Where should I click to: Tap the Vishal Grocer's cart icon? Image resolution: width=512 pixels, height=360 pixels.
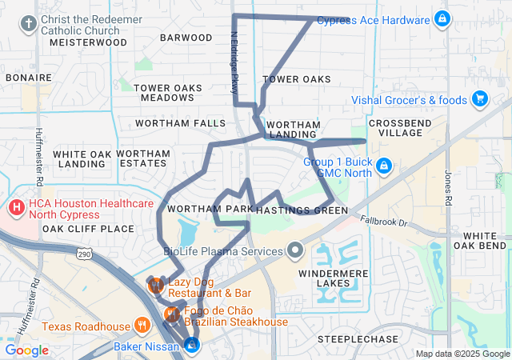pos(480,99)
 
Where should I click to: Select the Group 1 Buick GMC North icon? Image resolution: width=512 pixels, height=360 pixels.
pos(384,166)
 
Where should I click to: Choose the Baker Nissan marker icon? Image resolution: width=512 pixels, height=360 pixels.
pos(192,344)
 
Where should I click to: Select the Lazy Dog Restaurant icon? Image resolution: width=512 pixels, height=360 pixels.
pos(156,284)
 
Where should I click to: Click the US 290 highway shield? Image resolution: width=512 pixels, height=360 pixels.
pos(84,254)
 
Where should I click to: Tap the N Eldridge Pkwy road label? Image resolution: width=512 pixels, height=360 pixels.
pos(234,63)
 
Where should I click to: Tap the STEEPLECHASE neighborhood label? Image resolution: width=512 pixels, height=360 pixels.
pos(358,339)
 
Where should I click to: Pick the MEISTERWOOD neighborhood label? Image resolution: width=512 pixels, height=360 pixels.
pos(88,42)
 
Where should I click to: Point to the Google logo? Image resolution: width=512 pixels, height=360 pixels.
pos(26,350)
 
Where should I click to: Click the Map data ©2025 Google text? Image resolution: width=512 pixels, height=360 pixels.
pos(461,354)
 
